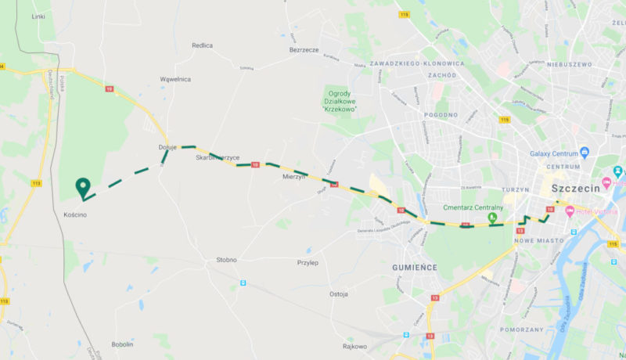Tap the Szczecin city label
[x=576, y=189]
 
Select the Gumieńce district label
[x=414, y=267]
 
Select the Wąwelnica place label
[x=175, y=79]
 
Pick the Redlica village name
[x=203, y=45]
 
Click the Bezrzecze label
[x=304, y=49]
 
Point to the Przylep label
[x=308, y=263]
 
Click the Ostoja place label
[x=338, y=294]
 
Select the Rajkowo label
[x=354, y=346]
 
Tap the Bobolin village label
[x=123, y=344]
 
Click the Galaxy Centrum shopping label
[x=557, y=153]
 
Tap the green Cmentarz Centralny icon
[x=492, y=218]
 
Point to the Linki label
[x=38, y=16]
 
